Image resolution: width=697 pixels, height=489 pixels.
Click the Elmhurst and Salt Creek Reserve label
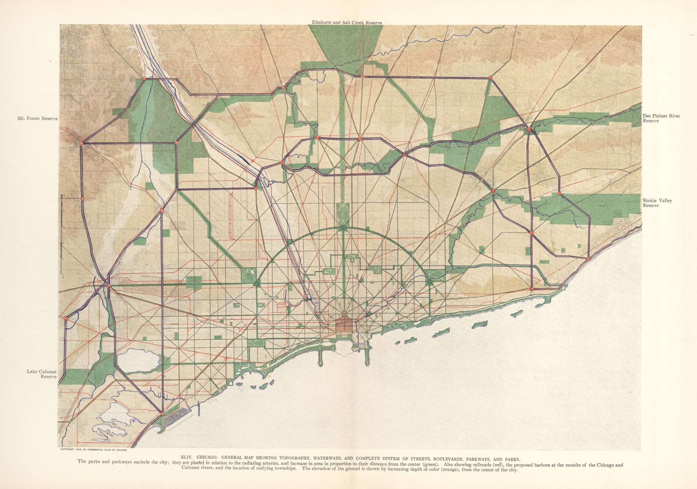pos(347,22)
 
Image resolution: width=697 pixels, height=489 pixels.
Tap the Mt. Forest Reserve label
pos(37,119)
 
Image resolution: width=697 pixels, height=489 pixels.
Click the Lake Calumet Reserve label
pos(42,374)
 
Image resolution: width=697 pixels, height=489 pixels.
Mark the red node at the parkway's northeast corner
pos(490,77)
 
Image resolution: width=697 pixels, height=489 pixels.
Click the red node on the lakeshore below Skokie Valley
pos(588,259)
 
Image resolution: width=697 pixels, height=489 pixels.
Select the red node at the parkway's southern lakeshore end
pos(163,414)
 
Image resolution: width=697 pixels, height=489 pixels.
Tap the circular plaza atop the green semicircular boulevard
pos(343,228)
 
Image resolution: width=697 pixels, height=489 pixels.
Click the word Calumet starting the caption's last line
pos(191,470)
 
